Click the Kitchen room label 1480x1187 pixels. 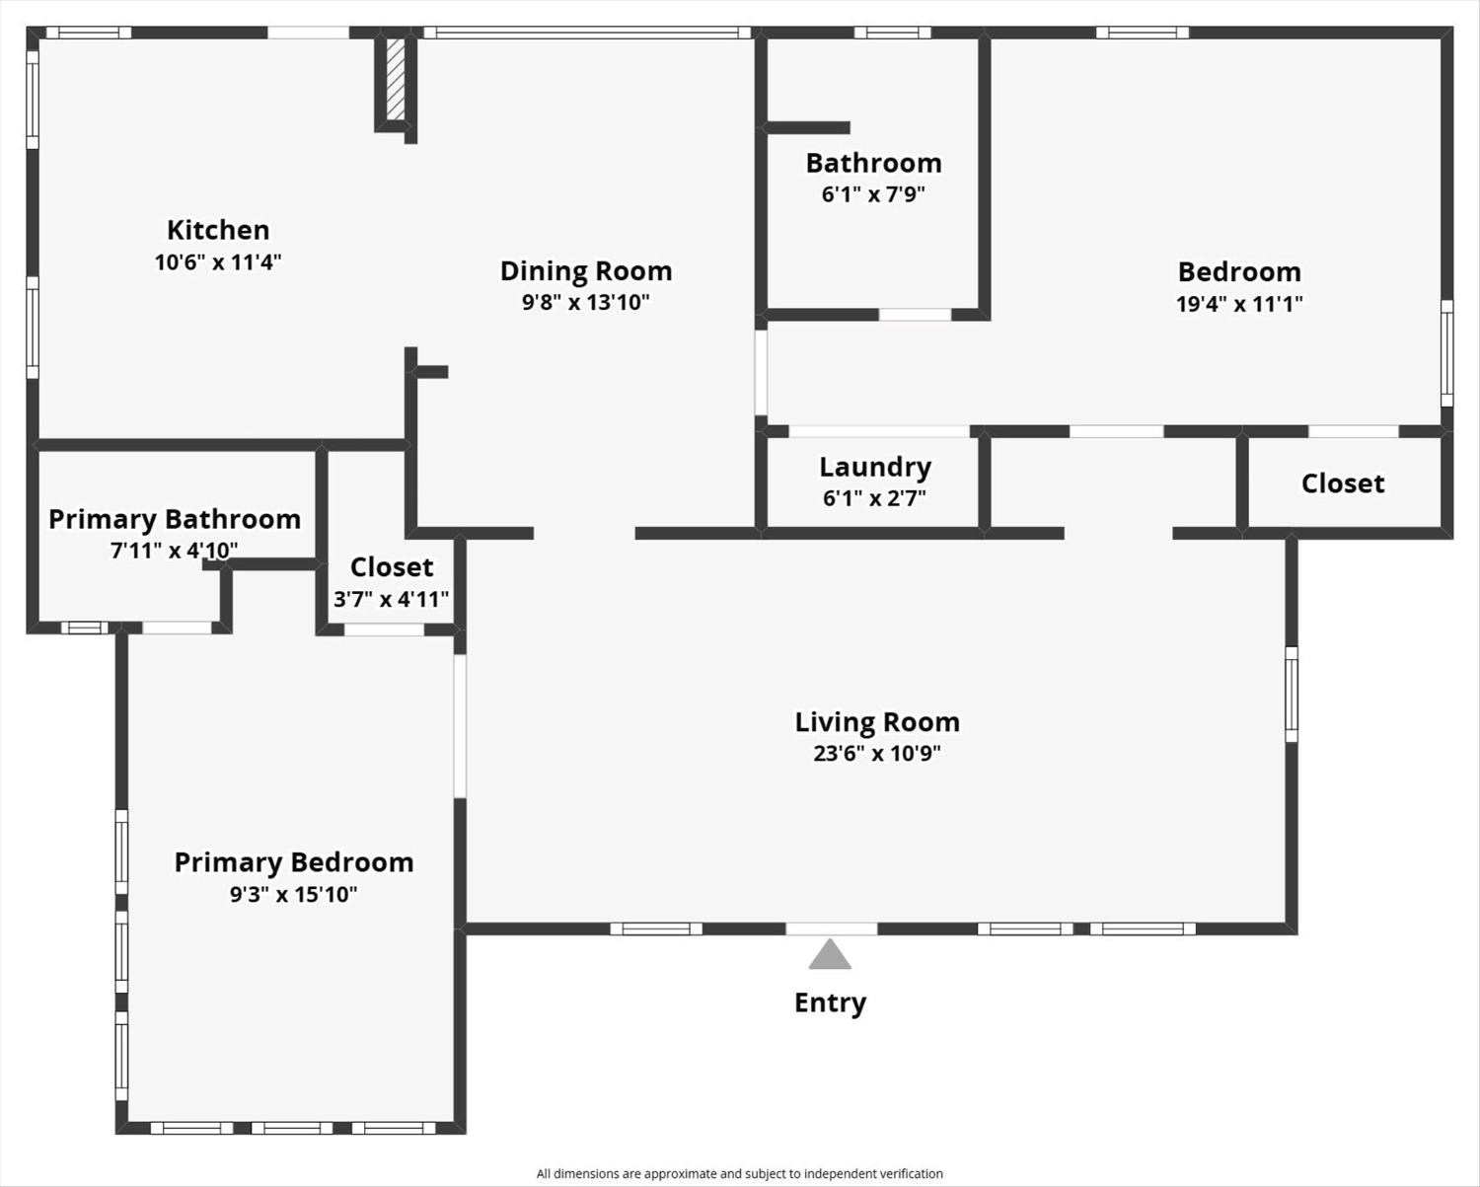(218, 230)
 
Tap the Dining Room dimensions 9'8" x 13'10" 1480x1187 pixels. (586, 303)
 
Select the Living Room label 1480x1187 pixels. (877, 722)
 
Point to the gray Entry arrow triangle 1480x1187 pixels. (830, 956)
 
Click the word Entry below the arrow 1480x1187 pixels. (830, 1002)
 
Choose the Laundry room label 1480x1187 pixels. (875, 467)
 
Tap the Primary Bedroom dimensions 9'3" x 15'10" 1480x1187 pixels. (294, 895)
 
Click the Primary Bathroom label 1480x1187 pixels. (175, 519)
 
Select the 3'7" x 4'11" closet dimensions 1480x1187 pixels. (391, 599)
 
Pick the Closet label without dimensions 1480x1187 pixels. (1343, 483)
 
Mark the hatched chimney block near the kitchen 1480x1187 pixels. (396, 79)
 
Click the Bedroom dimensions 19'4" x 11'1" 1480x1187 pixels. (1239, 304)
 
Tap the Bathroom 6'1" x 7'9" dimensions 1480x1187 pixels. (873, 194)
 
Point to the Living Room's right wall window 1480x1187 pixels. (1292, 694)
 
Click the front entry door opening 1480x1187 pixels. (831, 928)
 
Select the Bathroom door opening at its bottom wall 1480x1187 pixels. (915, 315)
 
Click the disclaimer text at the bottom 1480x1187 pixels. (740, 1173)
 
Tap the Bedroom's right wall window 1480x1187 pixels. (1446, 353)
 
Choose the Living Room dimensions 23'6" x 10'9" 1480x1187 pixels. (877, 754)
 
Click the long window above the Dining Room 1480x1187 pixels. (587, 33)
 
